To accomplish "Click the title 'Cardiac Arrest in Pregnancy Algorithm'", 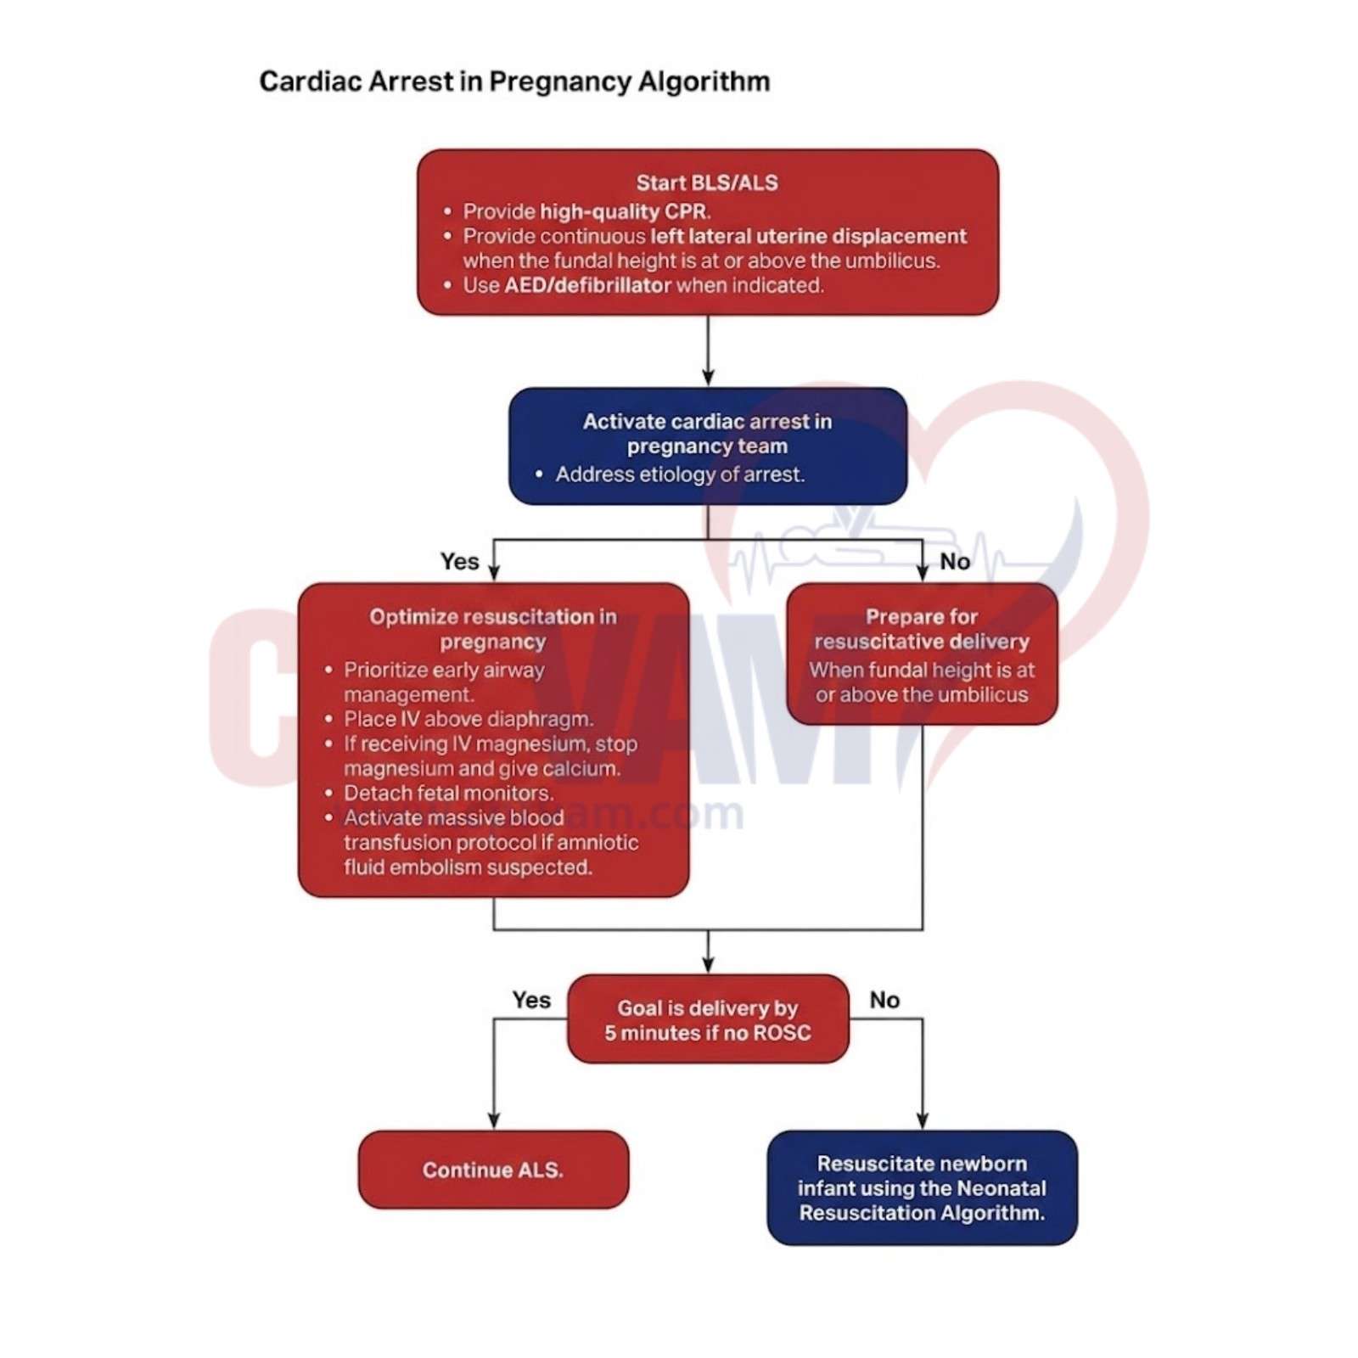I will coord(513,81).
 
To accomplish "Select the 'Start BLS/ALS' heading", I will coord(706,182).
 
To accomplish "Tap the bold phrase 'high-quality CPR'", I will coord(624,211).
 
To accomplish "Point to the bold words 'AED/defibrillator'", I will coord(587,285).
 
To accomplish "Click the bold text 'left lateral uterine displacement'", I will coord(807,236).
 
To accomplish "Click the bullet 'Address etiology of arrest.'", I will coord(679,474).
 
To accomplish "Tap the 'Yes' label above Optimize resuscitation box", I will coord(459,561).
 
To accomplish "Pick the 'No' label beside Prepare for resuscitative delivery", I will coord(954,561).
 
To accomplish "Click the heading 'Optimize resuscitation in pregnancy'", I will coord(492,628).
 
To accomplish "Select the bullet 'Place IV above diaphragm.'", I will coord(468,719).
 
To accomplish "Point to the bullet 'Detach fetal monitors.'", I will coord(448,793).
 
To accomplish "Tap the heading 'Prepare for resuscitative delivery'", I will coord(921,628).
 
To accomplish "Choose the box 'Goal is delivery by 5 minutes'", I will coord(707,1019).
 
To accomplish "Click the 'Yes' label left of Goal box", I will coord(530,1000).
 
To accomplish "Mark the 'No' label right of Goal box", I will coord(884,1000).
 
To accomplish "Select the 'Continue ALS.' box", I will coord(492,1170).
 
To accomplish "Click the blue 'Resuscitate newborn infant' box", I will coord(921,1187).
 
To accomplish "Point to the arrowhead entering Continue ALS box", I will coord(493,1121).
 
